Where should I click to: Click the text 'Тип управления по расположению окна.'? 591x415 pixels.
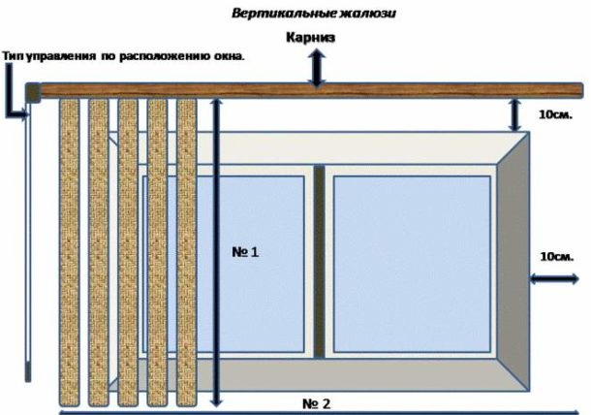124,57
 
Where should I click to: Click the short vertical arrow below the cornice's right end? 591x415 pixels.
514,115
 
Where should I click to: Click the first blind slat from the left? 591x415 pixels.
69,251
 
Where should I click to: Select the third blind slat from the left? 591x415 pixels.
127,251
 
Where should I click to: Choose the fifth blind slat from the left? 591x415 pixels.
187,251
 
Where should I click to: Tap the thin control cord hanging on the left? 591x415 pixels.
29,242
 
